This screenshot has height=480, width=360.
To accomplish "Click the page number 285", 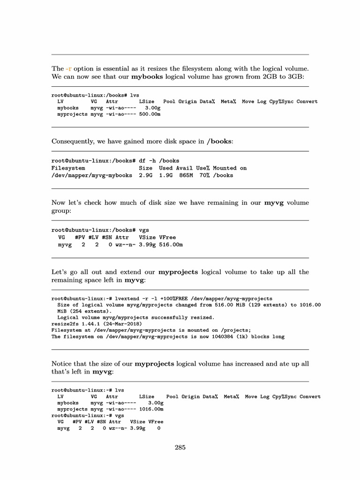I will [x=180, y=447].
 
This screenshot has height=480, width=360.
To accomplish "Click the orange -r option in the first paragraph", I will [x=68, y=68].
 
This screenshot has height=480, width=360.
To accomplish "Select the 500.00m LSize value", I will [x=150, y=114].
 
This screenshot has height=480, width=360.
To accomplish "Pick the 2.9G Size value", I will [x=146, y=175].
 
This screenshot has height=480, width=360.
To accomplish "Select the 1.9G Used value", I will [x=166, y=175].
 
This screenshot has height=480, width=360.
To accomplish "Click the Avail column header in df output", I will [x=184, y=168].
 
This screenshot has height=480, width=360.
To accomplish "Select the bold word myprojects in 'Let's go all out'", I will [x=179, y=272].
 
